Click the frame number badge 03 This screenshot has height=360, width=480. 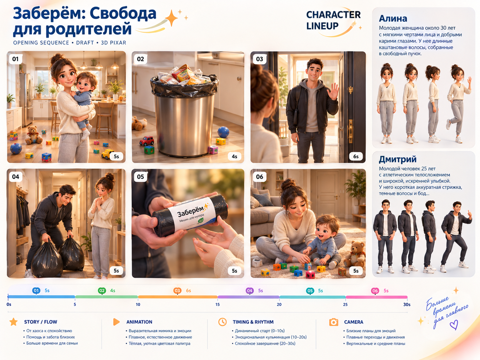click(x=259, y=59)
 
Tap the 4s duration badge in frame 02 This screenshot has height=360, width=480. click(x=234, y=156)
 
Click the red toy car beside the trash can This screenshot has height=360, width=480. click(x=147, y=141)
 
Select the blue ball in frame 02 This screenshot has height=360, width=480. click(x=223, y=132)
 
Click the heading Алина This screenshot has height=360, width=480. click(x=393, y=19)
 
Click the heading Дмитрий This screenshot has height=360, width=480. click(x=397, y=159)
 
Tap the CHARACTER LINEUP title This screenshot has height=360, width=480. click(x=333, y=20)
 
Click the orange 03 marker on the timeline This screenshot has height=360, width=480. click(x=177, y=291)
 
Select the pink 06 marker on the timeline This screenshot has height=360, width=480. click(x=375, y=291)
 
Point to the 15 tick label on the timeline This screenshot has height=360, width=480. click(x=217, y=305)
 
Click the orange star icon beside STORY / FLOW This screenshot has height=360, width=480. click(x=13, y=322)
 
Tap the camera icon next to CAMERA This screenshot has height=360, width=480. click(x=333, y=322)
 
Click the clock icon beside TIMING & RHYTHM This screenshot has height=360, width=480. click(x=222, y=322)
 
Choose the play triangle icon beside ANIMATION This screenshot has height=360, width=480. click(x=116, y=322)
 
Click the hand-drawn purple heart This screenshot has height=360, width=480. click(x=454, y=325)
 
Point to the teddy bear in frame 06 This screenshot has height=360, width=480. click(x=354, y=254)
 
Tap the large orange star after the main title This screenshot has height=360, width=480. click(x=172, y=18)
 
